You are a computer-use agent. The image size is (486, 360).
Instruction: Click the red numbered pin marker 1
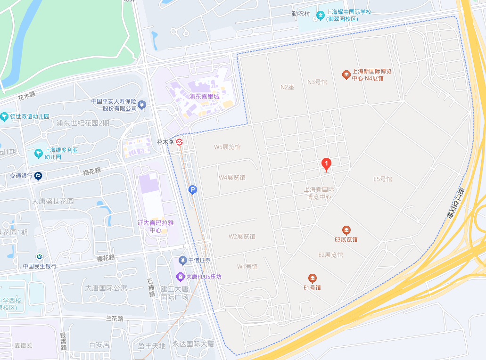tap(326, 164)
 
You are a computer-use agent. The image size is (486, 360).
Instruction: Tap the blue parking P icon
tap(192, 190)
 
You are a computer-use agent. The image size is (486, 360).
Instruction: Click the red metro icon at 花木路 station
tap(180, 141)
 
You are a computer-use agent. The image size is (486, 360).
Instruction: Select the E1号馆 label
tap(312, 287)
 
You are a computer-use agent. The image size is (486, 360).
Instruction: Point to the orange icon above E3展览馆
tap(346, 230)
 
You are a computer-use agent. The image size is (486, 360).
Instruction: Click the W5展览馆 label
tap(227, 147)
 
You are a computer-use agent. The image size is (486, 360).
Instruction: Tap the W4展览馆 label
tap(232, 178)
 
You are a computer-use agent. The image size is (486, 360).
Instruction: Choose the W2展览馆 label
tap(242, 237)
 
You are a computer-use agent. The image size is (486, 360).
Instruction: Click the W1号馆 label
tap(247, 267)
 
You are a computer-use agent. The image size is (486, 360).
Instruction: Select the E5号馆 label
tap(383, 179)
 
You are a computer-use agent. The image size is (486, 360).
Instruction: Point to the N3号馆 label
tap(317, 82)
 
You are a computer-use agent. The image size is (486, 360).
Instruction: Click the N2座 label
tap(287, 87)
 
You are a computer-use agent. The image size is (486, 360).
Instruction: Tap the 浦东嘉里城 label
tap(205, 97)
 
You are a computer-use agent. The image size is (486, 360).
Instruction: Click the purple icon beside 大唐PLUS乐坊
tap(180, 277)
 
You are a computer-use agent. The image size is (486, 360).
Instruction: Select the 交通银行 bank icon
tap(38, 176)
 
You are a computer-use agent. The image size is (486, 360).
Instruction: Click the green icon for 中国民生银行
tap(40, 257)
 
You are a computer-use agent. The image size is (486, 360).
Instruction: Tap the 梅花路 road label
tap(92, 172)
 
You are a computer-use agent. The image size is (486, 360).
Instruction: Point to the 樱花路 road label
tap(106, 258)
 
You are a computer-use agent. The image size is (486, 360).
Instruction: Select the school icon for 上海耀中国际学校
tap(321, 15)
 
